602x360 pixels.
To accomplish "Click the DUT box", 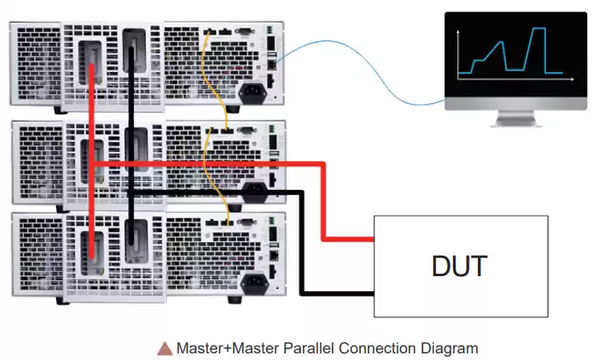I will click(x=461, y=265).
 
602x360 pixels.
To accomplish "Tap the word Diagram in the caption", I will click(x=447, y=348).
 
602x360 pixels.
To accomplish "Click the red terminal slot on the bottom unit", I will click(x=92, y=250).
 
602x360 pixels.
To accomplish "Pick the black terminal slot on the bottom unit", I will click(x=131, y=247).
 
